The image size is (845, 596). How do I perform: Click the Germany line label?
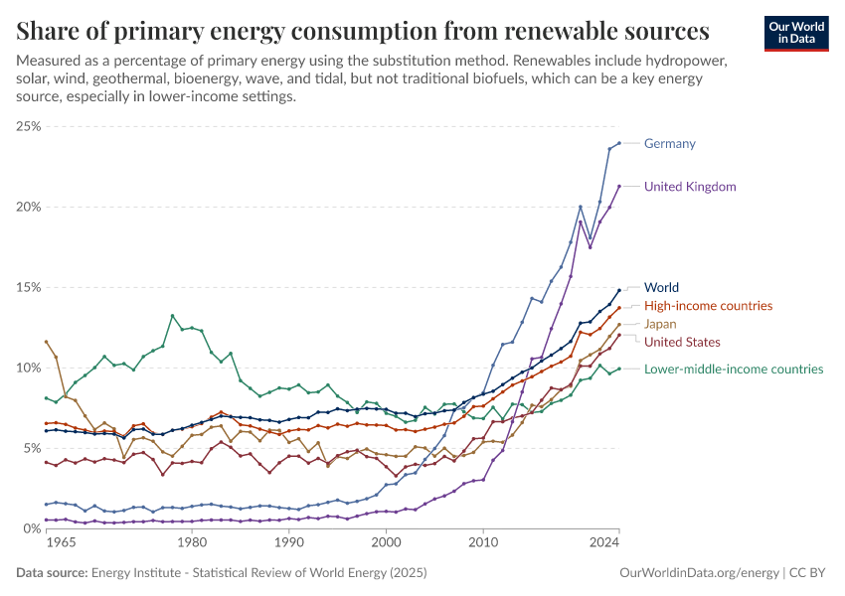(669, 143)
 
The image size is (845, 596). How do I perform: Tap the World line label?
(662, 287)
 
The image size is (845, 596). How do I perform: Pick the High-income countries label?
(708, 305)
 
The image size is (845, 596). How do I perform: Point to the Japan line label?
(661, 324)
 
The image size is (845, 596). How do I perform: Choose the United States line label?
(682, 342)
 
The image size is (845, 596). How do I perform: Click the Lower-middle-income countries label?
(734, 369)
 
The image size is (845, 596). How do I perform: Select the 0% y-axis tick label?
(31, 528)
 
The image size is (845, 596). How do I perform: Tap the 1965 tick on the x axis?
(61, 543)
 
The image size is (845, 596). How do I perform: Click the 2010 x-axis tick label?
(483, 543)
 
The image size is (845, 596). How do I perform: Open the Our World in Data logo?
(796, 33)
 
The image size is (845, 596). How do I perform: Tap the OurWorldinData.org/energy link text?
(696, 573)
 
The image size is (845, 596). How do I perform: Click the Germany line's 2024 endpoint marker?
(619, 143)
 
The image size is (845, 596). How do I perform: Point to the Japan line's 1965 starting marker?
(46, 342)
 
